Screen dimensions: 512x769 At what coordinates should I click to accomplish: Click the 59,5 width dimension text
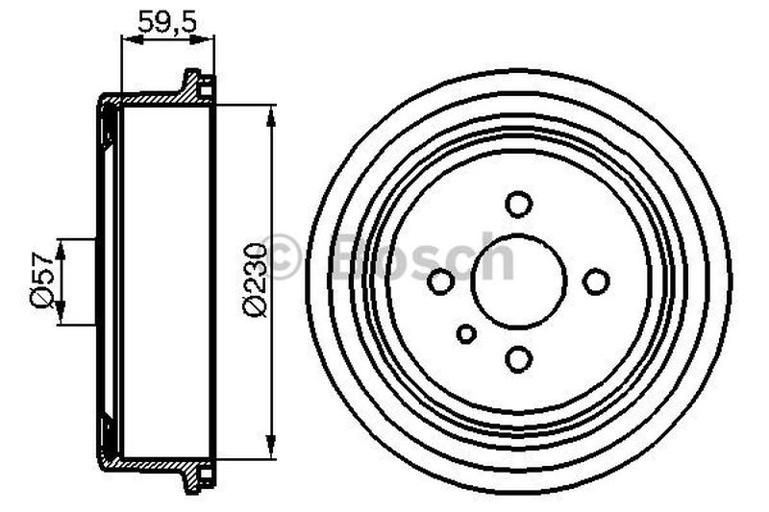tap(167, 20)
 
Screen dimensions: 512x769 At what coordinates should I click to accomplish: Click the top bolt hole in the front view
tap(519, 204)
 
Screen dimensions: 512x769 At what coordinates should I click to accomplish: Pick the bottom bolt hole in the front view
tap(519, 359)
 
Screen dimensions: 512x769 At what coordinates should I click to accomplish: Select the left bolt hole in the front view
tap(441, 281)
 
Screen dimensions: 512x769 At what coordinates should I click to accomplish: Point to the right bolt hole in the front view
tap(597, 280)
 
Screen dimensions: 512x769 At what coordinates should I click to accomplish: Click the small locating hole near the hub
tap(466, 333)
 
